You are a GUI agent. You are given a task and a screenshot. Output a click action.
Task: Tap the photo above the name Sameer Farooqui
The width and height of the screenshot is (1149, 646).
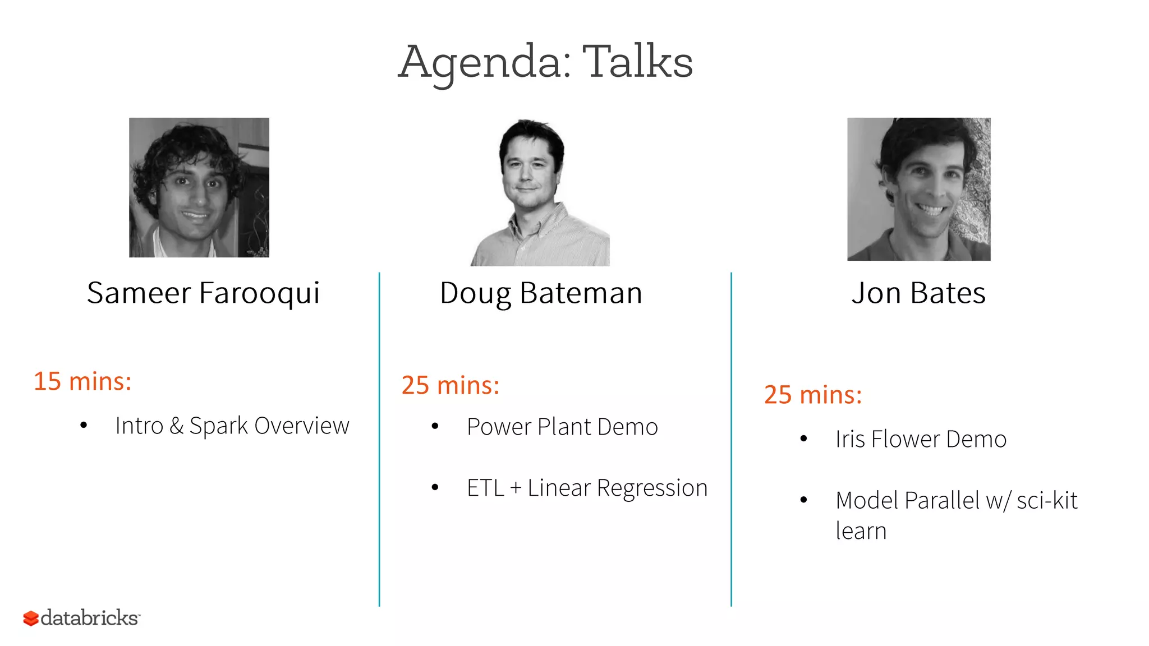(199, 187)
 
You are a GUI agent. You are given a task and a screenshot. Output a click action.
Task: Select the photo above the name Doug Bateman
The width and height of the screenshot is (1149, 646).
(540, 192)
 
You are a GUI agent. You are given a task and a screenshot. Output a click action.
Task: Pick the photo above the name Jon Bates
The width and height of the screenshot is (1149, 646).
(918, 189)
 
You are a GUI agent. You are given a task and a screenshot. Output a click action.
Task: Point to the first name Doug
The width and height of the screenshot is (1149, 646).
(475, 293)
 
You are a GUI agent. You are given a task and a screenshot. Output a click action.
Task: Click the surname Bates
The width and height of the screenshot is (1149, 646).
(948, 293)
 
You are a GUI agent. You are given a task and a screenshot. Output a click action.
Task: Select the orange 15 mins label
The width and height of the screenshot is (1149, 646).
(82, 381)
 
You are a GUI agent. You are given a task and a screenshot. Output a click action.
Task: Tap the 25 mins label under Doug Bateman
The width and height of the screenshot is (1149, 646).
(450, 385)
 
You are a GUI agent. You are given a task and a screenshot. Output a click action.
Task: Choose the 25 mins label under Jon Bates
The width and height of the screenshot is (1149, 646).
(813, 395)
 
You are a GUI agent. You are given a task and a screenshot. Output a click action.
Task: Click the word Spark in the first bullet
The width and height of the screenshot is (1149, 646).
(218, 426)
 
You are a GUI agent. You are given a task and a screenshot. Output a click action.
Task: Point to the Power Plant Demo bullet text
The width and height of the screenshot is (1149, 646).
(562, 427)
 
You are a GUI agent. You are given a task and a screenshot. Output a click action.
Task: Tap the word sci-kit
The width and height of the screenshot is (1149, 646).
(1047, 500)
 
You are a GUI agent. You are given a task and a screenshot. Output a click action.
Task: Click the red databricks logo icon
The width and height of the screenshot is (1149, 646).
(31, 619)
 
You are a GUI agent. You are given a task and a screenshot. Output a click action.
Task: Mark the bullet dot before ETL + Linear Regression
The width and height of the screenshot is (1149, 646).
(435, 488)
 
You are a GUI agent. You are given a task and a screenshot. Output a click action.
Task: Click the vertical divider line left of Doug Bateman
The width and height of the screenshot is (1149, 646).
(379, 437)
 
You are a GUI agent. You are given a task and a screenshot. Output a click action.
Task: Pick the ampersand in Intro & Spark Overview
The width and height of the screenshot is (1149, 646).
(176, 426)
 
